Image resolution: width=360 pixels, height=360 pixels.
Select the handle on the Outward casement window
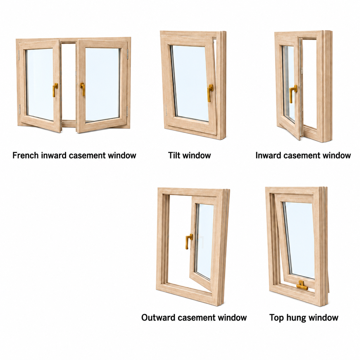pos(189,241)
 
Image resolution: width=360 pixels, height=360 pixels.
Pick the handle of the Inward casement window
pos(293,94)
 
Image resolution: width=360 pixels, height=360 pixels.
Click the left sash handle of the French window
pos(55,90)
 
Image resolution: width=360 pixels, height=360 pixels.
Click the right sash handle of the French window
pos(83,89)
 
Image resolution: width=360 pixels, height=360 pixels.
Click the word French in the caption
pos(26,155)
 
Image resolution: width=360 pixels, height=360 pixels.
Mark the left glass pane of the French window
pos(40,84)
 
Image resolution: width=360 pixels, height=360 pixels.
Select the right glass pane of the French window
pos(102,84)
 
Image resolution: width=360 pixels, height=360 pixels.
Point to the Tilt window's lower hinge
pos(167,110)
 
